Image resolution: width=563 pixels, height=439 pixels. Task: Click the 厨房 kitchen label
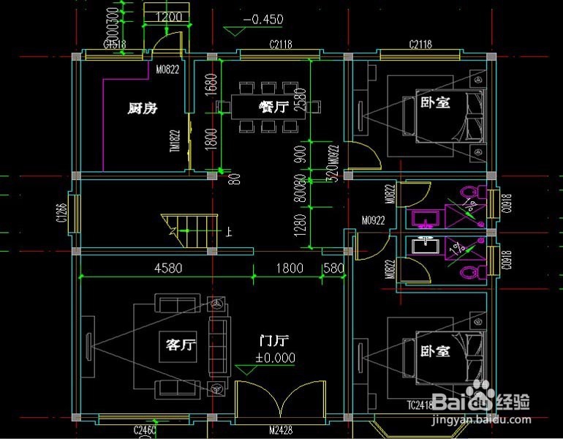tap(143, 108)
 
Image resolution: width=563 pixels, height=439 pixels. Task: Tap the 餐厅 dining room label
tap(273, 107)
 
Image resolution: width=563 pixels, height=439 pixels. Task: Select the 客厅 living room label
tap(179, 344)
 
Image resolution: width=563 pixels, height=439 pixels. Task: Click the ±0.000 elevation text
tap(275, 358)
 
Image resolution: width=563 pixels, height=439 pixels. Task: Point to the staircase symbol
tap(190, 229)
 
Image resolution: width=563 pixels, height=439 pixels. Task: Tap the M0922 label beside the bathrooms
tap(373, 219)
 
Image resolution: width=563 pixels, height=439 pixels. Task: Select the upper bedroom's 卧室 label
tap(434, 103)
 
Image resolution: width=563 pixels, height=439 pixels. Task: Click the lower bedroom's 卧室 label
tap(435, 350)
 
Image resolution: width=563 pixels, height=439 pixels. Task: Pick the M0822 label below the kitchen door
tap(167, 71)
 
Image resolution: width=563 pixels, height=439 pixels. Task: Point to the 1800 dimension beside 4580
tap(289, 268)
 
